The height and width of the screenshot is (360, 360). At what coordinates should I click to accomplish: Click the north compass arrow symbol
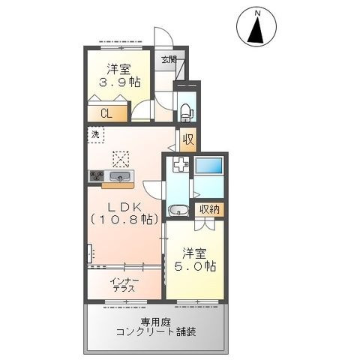pyautogui.click(x=256, y=30)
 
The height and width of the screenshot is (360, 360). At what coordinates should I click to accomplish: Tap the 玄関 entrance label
pyautogui.click(x=169, y=59)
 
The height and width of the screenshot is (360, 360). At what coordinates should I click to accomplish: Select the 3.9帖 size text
pyautogui.click(x=120, y=82)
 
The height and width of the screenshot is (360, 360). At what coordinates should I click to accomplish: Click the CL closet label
pyautogui.click(x=106, y=114)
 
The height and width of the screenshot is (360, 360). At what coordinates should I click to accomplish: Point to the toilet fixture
pyautogui.click(x=185, y=112)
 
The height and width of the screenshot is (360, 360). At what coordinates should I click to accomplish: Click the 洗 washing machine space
pyautogui.click(x=95, y=135)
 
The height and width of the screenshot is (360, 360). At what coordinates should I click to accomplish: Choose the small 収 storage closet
pyautogui.click(x=188, y=139)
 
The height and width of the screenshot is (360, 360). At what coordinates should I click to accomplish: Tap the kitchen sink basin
pyautogui.click(x=121, y=176)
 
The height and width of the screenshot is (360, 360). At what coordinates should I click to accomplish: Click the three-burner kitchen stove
pyautogui.click(x=97, y=175)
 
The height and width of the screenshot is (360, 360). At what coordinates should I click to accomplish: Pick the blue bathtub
pyautogui.click(x=208, y=165)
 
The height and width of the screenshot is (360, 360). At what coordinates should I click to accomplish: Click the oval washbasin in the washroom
pyautogui.click(x=178, y=210)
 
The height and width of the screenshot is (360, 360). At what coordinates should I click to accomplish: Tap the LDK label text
pyautogui.click(x=124, y=206)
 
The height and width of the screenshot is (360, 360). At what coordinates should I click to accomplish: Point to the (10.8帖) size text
pyautogui.click(x=124, y=219)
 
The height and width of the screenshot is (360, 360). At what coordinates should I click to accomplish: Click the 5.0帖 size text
pyautogui.click(x=195, y=266)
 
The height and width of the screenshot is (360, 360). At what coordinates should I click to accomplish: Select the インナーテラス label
pyautogui.click(x=124, y=285)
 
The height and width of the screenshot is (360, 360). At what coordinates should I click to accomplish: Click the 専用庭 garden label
pyautogui.click(x=155, y=322)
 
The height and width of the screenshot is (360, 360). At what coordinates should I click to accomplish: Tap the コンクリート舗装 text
pyautogui.click(x=156, y=332)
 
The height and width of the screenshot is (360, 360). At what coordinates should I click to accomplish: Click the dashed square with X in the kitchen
pyautogui.click(x=121, y=159)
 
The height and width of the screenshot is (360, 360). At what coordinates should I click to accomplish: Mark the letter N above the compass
pyautogui.click(x=257, y=13)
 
